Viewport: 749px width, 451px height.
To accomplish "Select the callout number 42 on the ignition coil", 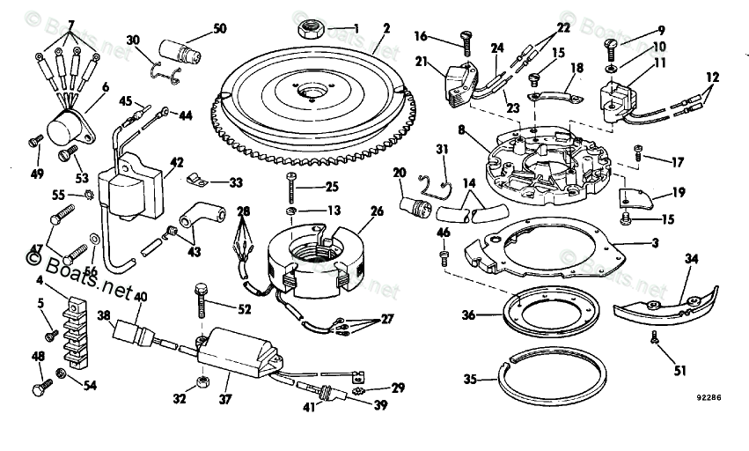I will (177, 161).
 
